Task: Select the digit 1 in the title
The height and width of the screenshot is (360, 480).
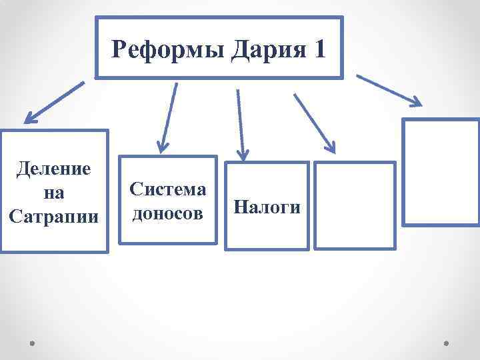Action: pos(318,49)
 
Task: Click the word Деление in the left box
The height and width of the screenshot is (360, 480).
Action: pos(53,168)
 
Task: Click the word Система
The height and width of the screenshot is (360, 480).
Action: pos(168,189)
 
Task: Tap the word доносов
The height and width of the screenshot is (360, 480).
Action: pos(168,213)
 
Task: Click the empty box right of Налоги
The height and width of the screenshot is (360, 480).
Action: pos(354,206)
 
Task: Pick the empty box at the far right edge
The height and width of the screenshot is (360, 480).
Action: pos(441,173)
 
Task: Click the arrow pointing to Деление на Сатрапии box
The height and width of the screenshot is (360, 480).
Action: pos(55,103)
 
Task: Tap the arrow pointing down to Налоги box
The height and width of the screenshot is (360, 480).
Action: pos(240,123)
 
